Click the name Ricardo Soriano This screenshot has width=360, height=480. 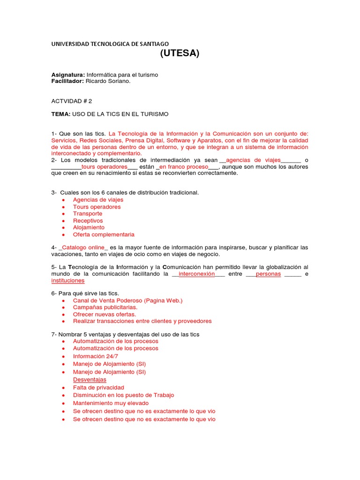point(108,81)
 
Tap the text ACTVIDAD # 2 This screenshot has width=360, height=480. point(71,101)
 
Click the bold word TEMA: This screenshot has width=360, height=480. point(60,114)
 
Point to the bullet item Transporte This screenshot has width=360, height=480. point(87,214)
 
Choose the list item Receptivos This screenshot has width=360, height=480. point(88,221)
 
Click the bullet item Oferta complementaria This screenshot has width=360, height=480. point(104,234)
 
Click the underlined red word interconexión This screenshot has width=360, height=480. point(197,274)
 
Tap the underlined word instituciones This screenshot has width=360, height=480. point(68,281)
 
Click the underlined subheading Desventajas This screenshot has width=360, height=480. point(90,379)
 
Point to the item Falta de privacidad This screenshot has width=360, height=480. point(98,388)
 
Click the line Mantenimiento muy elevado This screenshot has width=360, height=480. point(111,403)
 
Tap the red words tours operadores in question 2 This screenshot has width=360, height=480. point(104,166)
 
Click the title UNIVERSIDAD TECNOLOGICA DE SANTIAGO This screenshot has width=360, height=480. point(110,44)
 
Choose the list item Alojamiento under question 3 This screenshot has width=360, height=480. point(89,227)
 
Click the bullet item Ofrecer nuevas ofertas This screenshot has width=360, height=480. point(105,314)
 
